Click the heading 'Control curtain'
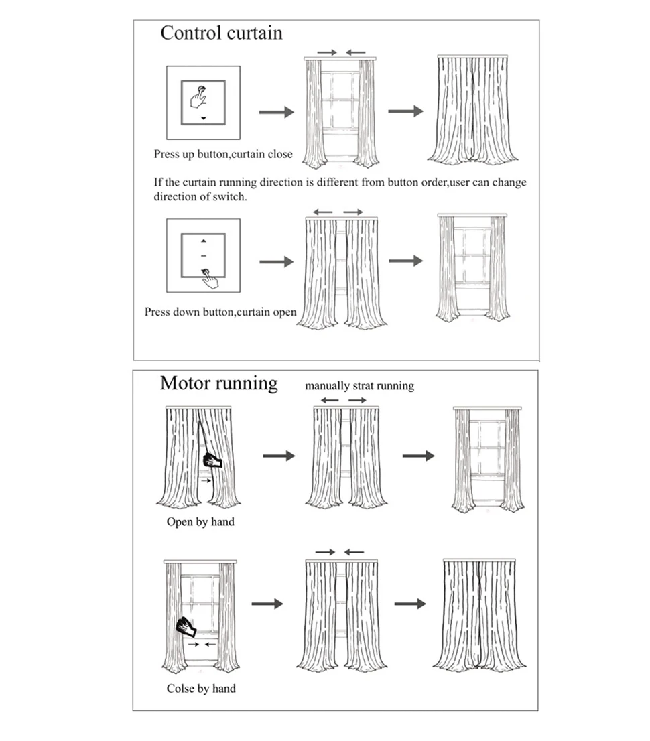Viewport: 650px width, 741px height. pos(221,33)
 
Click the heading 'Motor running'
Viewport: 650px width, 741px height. pos(218,383)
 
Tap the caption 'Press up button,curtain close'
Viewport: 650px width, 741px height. pos(223,154)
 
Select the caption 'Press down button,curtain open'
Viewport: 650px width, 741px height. pos(220,312)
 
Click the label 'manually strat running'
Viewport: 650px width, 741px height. pos(359,385)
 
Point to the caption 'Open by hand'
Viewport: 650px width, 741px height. pos(200,521)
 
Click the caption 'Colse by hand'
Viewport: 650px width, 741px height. pos(201,688)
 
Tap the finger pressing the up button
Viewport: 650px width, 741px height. pos(199,98)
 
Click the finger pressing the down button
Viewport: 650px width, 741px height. pos(209,278)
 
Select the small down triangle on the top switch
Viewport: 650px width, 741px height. pos(204,118)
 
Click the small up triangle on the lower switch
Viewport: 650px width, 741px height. pos(204,240)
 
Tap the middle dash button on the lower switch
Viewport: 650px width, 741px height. pos(204,256)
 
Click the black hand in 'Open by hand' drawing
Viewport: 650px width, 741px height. pos(212,460)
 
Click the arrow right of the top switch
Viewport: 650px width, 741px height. pos(276,112)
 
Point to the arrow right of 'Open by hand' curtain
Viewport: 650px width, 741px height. pos(278,456)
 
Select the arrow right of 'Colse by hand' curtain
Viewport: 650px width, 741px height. pos(267,604)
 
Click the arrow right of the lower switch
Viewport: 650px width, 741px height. pos(276,261)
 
